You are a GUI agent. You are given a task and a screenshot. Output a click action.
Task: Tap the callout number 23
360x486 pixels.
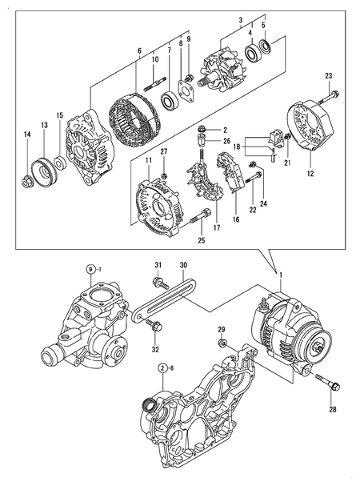point(328,76)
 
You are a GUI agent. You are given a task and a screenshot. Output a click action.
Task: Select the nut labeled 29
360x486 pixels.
point(222,343)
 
